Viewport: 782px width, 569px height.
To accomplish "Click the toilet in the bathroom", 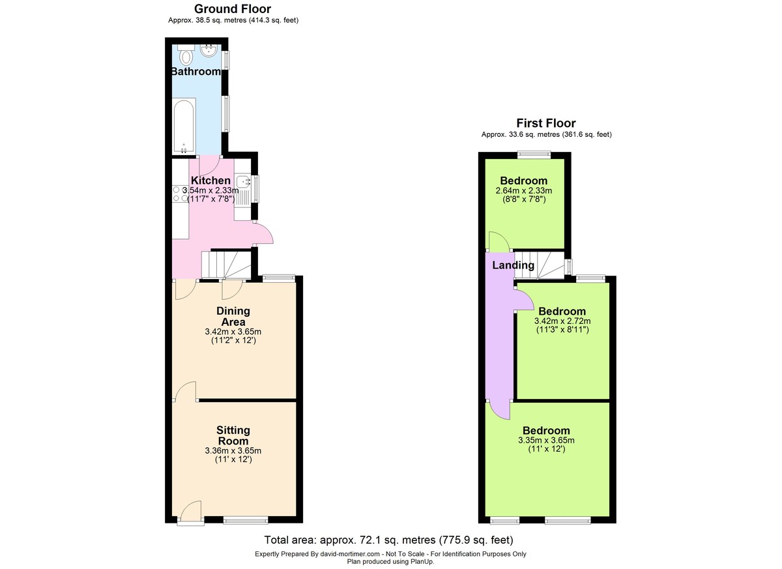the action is click(186, 55).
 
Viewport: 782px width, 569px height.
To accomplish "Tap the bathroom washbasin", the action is click(209, 51).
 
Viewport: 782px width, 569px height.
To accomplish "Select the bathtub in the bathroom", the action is click(184, 126).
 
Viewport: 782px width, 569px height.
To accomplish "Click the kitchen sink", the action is click(242, 182).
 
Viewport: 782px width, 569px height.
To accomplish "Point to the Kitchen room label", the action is click(211, 181).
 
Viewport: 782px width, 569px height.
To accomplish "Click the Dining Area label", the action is click(233, 316).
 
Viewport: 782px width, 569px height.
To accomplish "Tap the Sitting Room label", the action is click(233, 435).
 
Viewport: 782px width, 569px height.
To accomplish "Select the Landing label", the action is click(514, 265).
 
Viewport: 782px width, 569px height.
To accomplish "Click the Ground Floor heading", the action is click(233, 8).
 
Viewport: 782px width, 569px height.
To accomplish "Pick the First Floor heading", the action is click(546, 123).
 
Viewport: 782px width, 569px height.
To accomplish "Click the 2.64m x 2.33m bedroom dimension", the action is click(524, 190).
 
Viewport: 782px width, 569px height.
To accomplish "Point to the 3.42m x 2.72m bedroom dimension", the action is click(562, 321).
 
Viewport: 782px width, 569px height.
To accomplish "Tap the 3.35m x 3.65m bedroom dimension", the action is click(546, 440).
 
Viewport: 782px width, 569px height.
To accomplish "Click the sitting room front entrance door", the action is click(190, 512).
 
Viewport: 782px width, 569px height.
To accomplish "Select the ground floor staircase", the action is click(226, 265).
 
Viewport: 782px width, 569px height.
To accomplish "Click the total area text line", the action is click(388, 540).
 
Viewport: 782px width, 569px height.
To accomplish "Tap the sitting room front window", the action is click(246, 521).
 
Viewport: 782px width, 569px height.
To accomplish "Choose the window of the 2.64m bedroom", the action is click(534, 154).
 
